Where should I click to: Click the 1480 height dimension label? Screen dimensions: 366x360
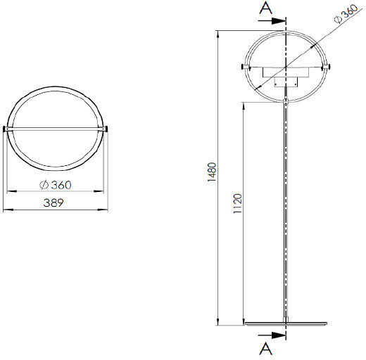pyautogui.click(x=212, y=172)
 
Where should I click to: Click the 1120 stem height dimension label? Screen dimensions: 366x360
pyautogui.click(x=238, y=203)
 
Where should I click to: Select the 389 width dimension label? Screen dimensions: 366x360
pyautogui.click(x=53, y=203)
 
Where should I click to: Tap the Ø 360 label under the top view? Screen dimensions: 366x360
pyautogui.click(x=56, y=185)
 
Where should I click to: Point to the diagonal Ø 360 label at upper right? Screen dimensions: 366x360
pyautogui.click(x=346, y=14)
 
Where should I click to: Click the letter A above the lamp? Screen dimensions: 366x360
pyautogui.click(x=266, y=8)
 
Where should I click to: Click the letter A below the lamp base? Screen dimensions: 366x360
pyautogui.click(x=266, y=349)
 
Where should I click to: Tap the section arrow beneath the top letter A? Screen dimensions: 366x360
pyautogui.click(x=272, y=21)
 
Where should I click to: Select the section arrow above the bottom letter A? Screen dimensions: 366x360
pyautogui.click(x=272, y=335)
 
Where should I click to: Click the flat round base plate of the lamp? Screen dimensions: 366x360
pyautogui.click(x=286, y=323)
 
